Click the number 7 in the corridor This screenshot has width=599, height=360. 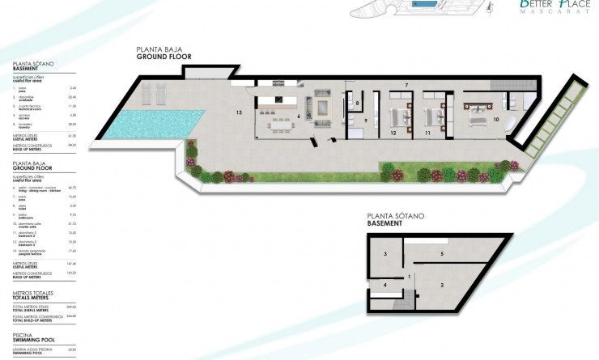pos(406,85)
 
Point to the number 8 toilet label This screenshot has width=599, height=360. pos(357,104)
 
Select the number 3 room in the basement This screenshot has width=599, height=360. pos(386,254)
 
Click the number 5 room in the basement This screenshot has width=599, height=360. pos(441,254)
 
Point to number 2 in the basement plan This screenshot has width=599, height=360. pos(442,285)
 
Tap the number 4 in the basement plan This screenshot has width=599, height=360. pos(385,285)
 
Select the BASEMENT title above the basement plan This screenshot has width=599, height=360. pos(384,223)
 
